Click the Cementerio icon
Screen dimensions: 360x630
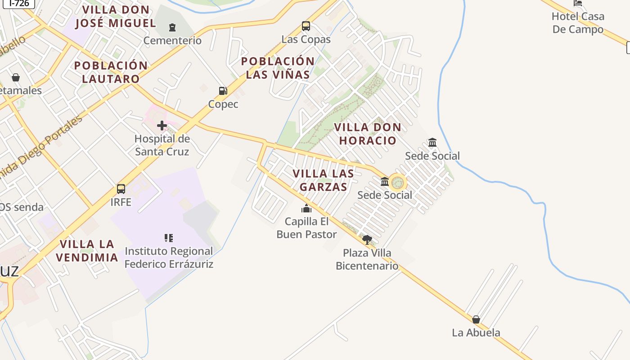172,27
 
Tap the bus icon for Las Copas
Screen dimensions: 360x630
306,26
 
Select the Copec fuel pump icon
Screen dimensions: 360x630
223,91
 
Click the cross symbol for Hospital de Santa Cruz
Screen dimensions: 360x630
162,126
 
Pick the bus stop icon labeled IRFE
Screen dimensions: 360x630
121,189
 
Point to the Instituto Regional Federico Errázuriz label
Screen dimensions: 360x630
169,257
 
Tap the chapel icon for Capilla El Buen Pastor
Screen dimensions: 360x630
306,208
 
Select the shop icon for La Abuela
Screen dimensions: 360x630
476,319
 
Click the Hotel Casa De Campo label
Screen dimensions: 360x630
578,23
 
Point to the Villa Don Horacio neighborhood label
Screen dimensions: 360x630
368,134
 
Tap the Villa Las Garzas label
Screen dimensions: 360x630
323,180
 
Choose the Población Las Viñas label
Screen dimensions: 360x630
278,68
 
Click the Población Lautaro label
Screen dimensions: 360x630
111,72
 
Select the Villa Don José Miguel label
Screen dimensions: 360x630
116,16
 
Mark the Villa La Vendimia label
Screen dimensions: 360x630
89,251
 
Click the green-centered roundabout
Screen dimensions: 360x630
397,183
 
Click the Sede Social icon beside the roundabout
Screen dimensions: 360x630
385,182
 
